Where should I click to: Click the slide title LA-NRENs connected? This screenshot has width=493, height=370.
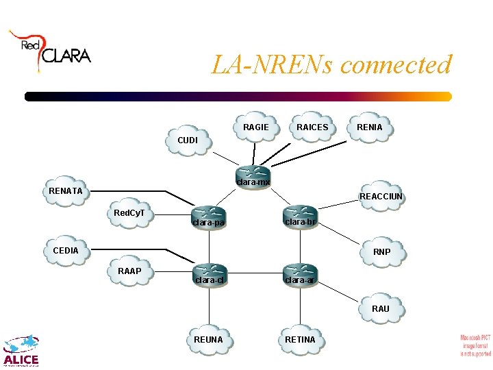tap(331, 65)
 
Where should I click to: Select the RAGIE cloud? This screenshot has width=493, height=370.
tap(256, 127)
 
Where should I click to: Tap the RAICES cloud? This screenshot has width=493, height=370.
tap(312, 127)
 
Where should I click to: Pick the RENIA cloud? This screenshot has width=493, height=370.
tap(370, 127)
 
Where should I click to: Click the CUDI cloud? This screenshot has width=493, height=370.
tap(188, 140)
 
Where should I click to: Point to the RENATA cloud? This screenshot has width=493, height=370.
tap(66, 190)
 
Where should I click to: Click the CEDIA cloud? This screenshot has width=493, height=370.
tap(66, 250)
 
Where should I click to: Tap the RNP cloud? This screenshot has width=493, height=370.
tap(381, 251)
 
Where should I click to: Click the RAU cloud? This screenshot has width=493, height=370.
tap(380, 308)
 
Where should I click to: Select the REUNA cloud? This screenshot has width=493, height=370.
tap(209, 339)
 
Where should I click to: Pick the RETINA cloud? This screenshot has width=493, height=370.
tap(300, 339)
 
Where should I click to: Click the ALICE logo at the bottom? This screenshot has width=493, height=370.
tap(21, 350)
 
